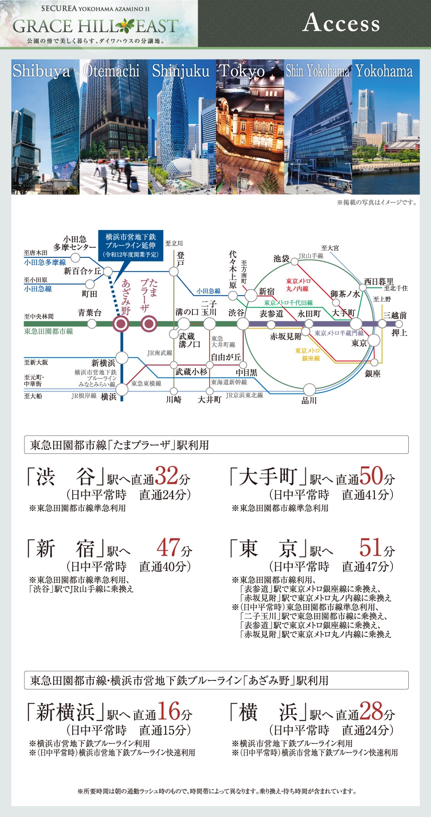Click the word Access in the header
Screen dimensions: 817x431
pos(341,23)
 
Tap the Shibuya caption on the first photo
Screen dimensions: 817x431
pos(41,71)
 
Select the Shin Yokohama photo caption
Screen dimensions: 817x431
pos(318,71)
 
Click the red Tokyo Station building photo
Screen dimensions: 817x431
pos(250,136)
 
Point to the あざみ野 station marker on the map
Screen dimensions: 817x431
pos(122,324)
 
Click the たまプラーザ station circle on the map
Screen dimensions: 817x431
pos(149,324)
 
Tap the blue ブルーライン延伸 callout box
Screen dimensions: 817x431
pos(131,246)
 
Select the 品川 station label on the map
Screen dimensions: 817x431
pos(309,400)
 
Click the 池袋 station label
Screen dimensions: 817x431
pos(281,258)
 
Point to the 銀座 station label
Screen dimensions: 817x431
pos(372,374)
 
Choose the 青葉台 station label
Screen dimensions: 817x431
pos(89,313)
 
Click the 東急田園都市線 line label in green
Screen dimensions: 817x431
pos(49,331)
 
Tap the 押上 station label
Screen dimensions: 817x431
pos(399,333)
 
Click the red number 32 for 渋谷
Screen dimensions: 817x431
pos(167,476)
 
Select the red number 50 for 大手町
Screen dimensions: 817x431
pos(372,476)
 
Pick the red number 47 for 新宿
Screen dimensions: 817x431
pos(168,548)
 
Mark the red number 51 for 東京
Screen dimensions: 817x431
pos(371,548)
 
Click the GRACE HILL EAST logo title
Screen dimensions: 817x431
pos(95,26)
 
